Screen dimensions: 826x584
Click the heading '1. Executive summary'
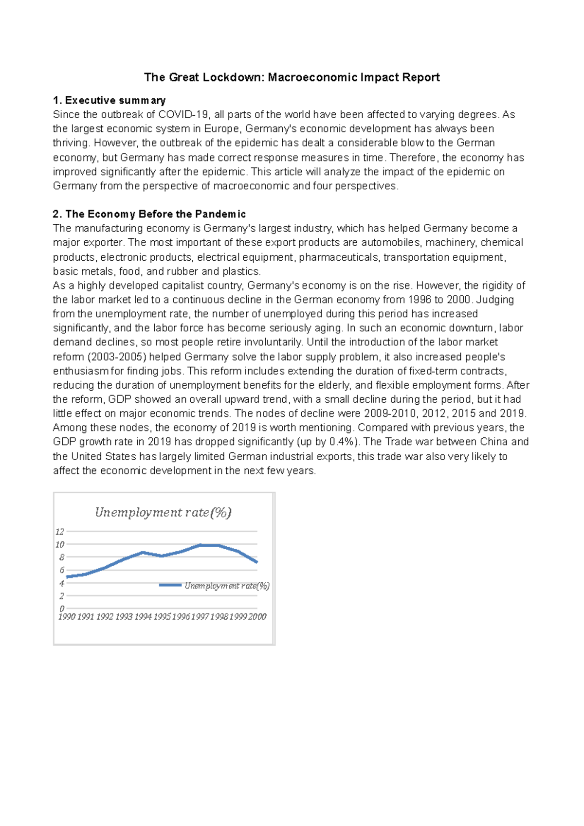109,100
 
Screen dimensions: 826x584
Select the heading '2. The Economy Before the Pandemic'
149,214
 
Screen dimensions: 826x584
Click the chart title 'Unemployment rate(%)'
163,512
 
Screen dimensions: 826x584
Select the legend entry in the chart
215,586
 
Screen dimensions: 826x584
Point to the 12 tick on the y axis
59,532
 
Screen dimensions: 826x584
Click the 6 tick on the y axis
62,570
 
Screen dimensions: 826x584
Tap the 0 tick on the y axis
62,609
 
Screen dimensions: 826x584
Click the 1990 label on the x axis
67,617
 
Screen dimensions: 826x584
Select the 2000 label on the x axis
257,617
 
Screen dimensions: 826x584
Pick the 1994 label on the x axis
143,617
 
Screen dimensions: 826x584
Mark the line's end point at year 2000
257,562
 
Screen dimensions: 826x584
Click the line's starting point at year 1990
67,577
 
